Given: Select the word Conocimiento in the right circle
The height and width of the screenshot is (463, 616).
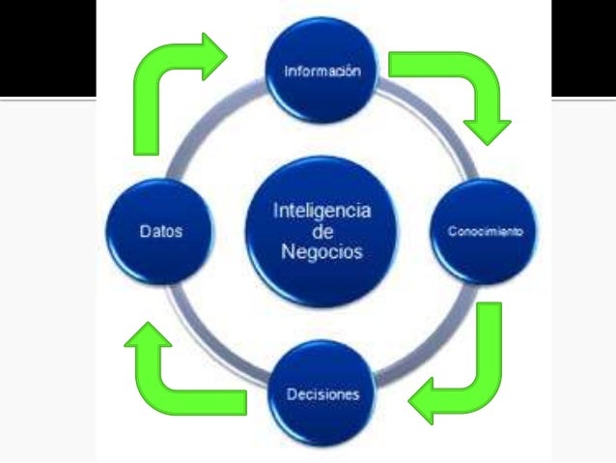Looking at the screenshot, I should pos(485,233).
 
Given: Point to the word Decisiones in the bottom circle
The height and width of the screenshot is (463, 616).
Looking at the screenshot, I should pos(322,394).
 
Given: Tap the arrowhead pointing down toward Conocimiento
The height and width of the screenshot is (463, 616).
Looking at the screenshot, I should pos(487,130).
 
